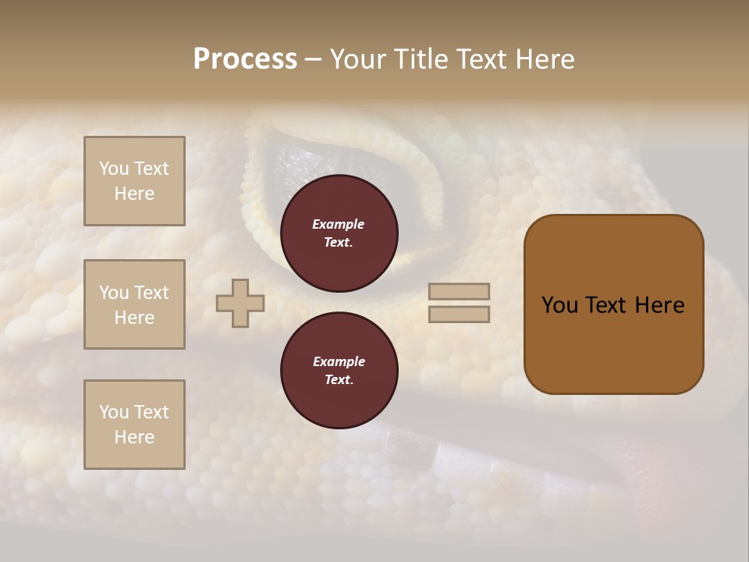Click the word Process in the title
[245, 59]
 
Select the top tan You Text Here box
[134, 181]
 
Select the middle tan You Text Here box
[134, 304]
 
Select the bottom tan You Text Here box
[134, 425]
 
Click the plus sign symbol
[240, 303]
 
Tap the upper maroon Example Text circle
[339, 233]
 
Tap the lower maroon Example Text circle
[339, 371]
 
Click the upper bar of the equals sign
[460, 292]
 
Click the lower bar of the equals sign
[460, 315]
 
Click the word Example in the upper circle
[339, 224]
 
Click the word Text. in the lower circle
[339, 380]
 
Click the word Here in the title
[546, 59]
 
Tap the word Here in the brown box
[659, 305]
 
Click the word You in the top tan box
[114, 169]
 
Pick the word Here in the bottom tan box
[134, 437]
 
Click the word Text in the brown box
[607, 305]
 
